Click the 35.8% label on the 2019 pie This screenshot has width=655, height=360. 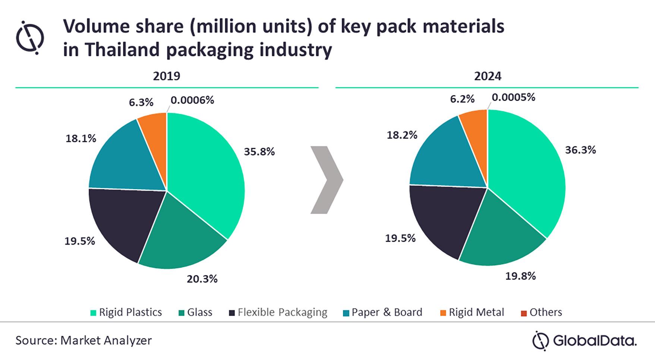(259, 151)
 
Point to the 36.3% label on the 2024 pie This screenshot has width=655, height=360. (580, 150)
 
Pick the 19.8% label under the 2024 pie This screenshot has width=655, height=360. (520, 276)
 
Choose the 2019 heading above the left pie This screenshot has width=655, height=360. (166, 76)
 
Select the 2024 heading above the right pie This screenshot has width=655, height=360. (488, 76)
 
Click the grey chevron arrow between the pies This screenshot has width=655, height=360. (327, 180)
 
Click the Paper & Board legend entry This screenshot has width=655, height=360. (382, 312)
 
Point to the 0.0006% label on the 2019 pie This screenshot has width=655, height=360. (192, 100)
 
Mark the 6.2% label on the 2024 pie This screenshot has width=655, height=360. (462, 99)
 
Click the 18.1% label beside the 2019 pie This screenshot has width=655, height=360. (81, 138)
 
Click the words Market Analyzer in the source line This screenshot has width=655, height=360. (106, 340)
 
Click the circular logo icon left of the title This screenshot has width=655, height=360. (30, 38)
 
